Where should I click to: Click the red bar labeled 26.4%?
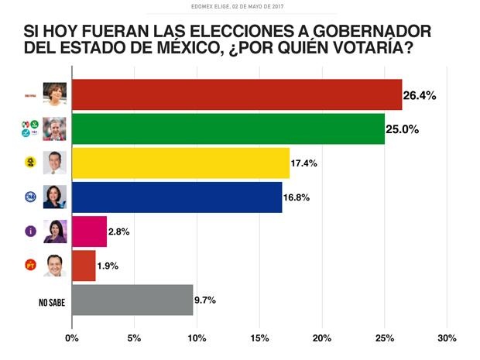236,94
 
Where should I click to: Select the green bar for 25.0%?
228,129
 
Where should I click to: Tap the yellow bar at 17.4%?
180,163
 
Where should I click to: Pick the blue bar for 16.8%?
177,197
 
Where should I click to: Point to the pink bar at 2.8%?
89,231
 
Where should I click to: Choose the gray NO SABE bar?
132,300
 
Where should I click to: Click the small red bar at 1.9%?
84,265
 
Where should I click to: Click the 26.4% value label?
420,96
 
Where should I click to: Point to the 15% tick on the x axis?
259,338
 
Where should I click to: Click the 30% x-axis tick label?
447,338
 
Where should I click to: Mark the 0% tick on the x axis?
72,338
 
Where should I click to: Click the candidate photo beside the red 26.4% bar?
54,94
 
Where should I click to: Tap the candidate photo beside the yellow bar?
54,163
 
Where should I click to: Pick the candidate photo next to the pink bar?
54,231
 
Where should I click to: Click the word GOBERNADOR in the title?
365,33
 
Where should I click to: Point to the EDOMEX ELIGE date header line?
239,7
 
